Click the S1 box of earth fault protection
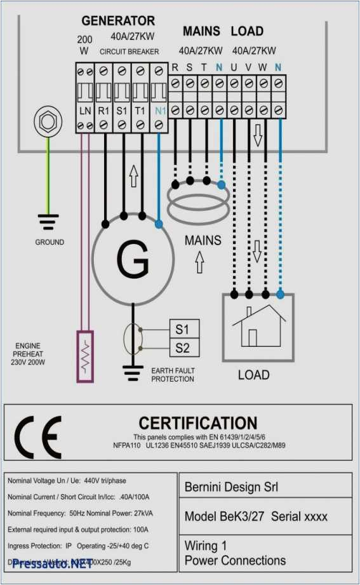183,330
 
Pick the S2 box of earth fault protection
183,348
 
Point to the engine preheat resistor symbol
84,356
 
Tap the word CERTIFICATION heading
198,423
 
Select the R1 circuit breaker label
104,111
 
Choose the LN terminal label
85,111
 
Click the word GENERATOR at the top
118,21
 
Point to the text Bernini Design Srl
231,487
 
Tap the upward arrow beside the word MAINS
199,261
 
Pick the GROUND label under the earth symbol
49,242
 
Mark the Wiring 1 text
205,546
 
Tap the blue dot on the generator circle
158,224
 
